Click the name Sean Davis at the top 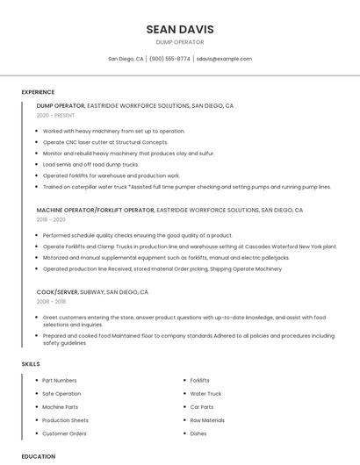click(x=179, y=30)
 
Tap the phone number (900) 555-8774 click(x=169, y=59)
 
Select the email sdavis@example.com click(x=224, y=59)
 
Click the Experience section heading click(x=38, y=92)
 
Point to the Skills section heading click(x=31, y=363)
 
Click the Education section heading click(x=38, y=456)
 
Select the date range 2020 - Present click(x=55, y=115)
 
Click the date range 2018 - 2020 click(x=50, y=220)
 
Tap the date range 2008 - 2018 click(x=50, y=301)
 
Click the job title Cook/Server click(x=57, y=291)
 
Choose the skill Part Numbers click(x=60, y=381)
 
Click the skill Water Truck click(x=205, y=394)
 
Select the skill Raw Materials click(x=207, y=420)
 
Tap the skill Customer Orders click(x=64, y=433)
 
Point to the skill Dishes click(x=198, y=433)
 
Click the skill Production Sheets click(x=66, y=420)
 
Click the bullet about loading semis click(x=90, y=164)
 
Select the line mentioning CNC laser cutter click(x=104, y=142)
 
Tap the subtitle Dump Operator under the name click(x=179, y=42)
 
